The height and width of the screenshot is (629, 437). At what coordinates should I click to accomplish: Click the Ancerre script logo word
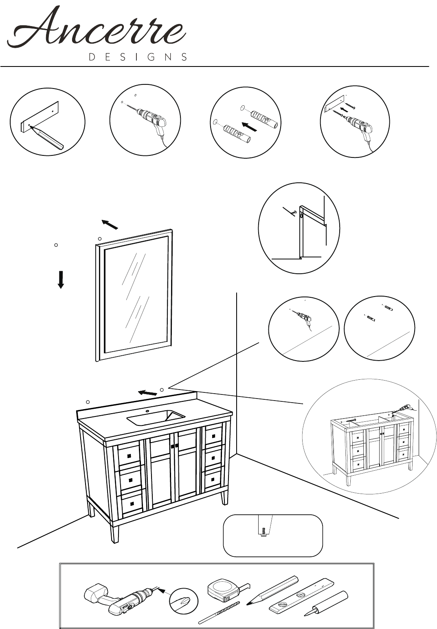point(97,28)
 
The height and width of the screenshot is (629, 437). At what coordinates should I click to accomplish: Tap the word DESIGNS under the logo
point(138,57)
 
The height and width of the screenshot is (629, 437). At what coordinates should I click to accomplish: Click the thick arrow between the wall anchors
point(249,126)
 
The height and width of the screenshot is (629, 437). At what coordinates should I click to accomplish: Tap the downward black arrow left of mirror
point(61,280)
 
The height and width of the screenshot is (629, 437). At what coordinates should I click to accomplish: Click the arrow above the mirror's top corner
point(110,224)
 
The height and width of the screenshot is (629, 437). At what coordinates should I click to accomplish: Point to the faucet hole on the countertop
point(147,412)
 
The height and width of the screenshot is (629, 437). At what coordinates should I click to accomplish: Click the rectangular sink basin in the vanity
point(156,418)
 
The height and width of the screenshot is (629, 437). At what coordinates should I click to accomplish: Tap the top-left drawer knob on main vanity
point(129,456)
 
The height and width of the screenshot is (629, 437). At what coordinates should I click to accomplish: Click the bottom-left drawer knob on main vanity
point(132,504)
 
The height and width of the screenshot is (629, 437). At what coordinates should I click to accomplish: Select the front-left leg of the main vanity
point(114,533)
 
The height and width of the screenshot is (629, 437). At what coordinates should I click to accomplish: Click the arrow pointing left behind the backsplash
point(147,392)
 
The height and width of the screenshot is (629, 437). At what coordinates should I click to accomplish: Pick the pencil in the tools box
point(272,590)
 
